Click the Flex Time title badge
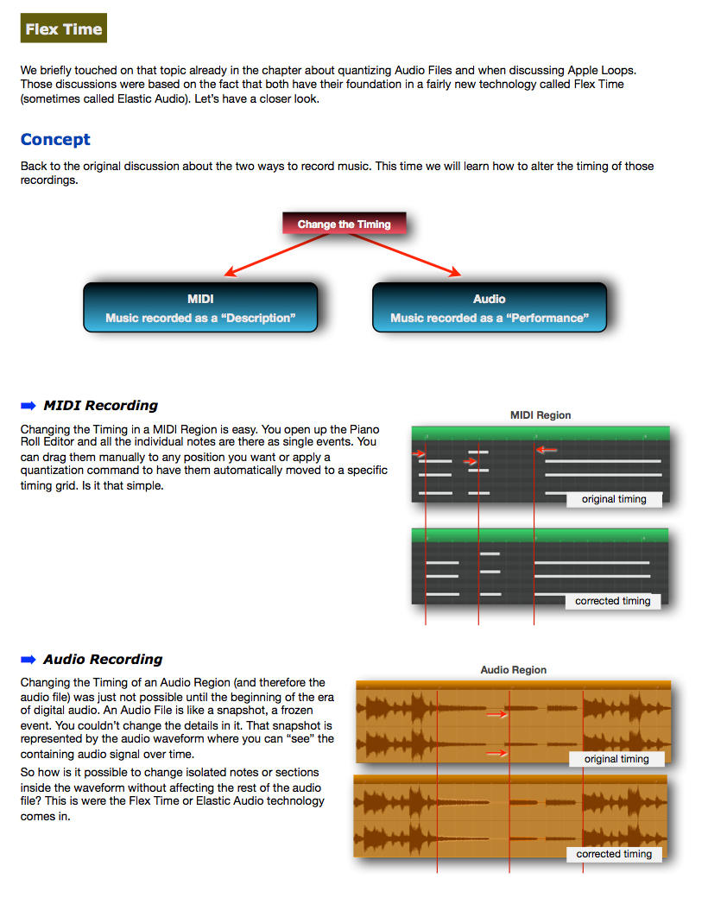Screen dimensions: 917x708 pos(64,28)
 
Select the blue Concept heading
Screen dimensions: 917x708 pos(55,140)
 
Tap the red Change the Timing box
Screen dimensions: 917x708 pos(344,224)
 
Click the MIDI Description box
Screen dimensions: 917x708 pos(200,308)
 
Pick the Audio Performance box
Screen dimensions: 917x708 pos(489,308)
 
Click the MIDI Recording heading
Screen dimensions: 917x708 pos(100,405)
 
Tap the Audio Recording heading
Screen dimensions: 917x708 pos(103,659)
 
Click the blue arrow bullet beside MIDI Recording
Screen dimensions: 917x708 pos(28,405)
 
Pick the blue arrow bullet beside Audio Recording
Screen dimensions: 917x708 pos(28,659)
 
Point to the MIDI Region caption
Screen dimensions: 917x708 pos(540,415)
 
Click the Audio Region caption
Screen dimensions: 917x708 pos(514,670)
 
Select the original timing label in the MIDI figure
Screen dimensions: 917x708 pos(614,499)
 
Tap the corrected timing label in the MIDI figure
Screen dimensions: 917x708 pos(613,601)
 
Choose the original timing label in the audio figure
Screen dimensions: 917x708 pos(616,759)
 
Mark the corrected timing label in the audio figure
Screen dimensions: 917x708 pos(615,854)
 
